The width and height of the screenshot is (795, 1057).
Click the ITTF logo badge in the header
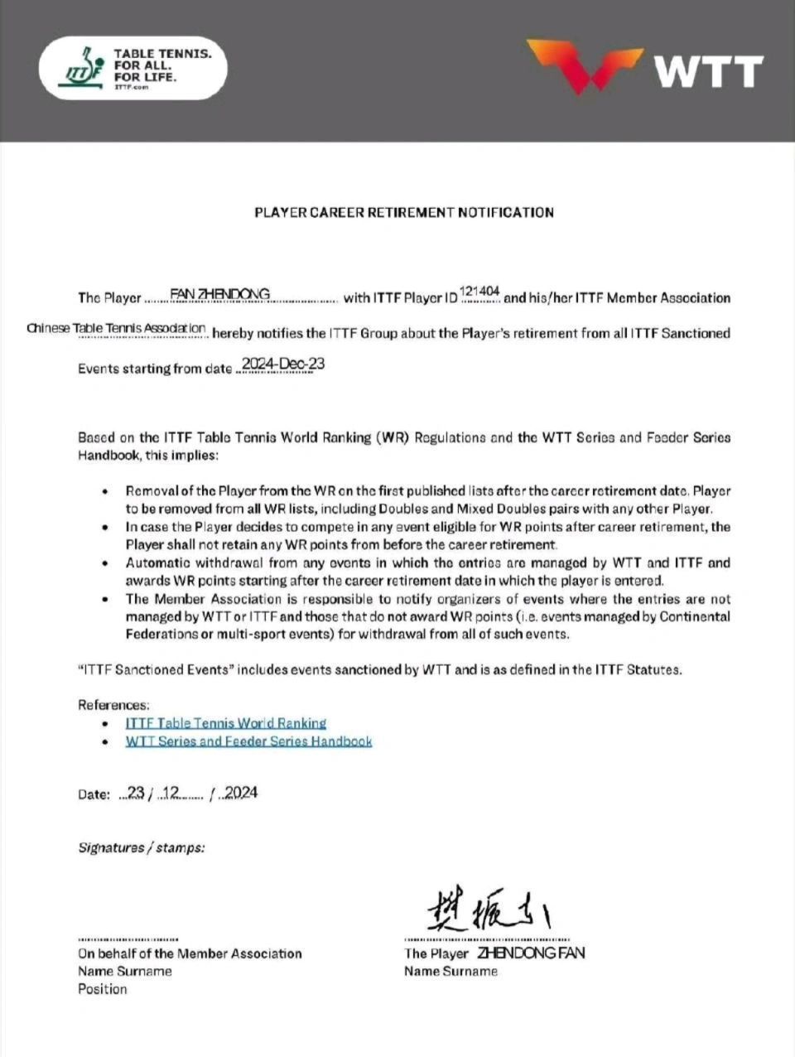pyautogui.click(x=133, y=69)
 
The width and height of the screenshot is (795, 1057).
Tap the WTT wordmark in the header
pyautogui.click(x=709, y=72)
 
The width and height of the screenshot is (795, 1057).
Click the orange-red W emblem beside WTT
pyautogui.click(x=585, y=65)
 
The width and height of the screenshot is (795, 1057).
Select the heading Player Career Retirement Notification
pyautogui.click(x=404, y=212)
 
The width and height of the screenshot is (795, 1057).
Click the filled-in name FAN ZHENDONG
pyautogui.click(x=219, y=294)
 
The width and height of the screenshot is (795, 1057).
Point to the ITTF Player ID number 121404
pyautogui.click(x=479, y=291)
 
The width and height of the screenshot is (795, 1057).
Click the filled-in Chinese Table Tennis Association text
pyautogui.click(x=116, y=328)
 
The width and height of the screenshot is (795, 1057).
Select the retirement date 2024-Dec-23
pyautogui.click(x=281, y=364)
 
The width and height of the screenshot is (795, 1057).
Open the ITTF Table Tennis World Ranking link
pyautogui.click(x=225, y=723)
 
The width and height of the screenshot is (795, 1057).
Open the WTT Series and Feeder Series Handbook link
pyautogui.click(x=248, y=741)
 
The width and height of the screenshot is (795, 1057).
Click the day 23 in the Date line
pyautogui.click(x=136, y=793)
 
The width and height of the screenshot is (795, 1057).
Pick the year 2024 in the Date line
pyautogui.click(x=241, y=793)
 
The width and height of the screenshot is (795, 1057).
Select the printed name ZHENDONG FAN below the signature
pyautogui.click(x=531, y=953)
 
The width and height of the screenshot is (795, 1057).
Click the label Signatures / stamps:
pyautogui.click(x=142, y=847)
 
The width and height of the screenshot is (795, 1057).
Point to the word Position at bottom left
pyautogui.click(x=103, y=989)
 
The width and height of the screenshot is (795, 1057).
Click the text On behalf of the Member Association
pyautogui.click(x=190, y=953)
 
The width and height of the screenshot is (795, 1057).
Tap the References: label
pyautogui.click(x=113, y=705)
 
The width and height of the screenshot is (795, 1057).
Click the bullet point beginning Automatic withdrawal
pyautogui.click(x=427, y=572)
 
